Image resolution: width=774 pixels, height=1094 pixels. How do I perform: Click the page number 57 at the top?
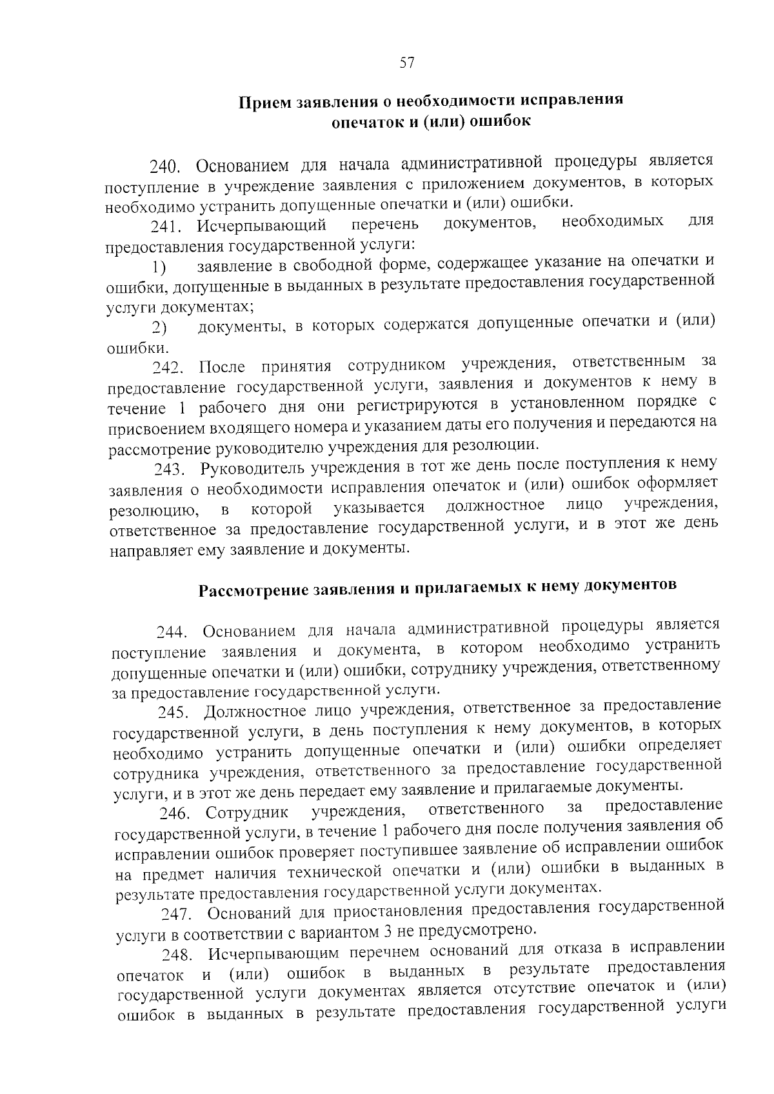click(406, 63)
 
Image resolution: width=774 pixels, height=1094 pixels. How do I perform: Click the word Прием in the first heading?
click(263, 103)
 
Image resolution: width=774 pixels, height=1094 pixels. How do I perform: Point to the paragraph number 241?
click(164, 226)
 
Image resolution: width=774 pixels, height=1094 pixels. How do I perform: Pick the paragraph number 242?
click(166, 368)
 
